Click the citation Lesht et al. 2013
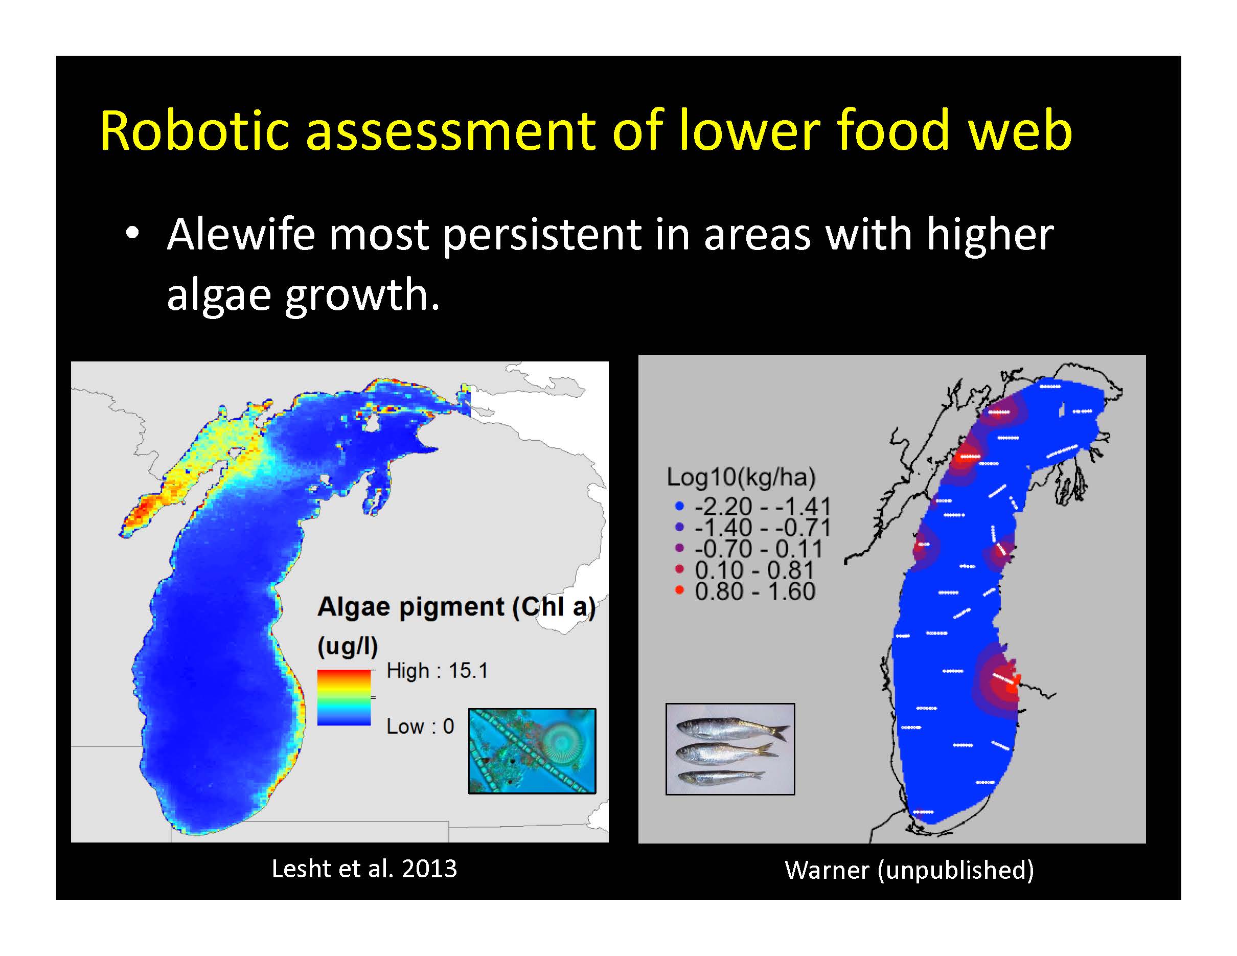[364, 869]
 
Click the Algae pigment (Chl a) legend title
[456, 607]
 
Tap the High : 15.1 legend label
[437, 671]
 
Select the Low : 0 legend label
[420, 726]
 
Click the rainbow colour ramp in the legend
[344, 698]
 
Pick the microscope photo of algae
[532, 750]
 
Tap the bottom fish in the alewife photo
[722, 777]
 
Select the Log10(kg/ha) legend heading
[741, 477]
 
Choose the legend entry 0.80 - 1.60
[755, 591]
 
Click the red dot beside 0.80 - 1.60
[680, 590]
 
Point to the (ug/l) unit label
[347, 646]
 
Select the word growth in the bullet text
[361, 295]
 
